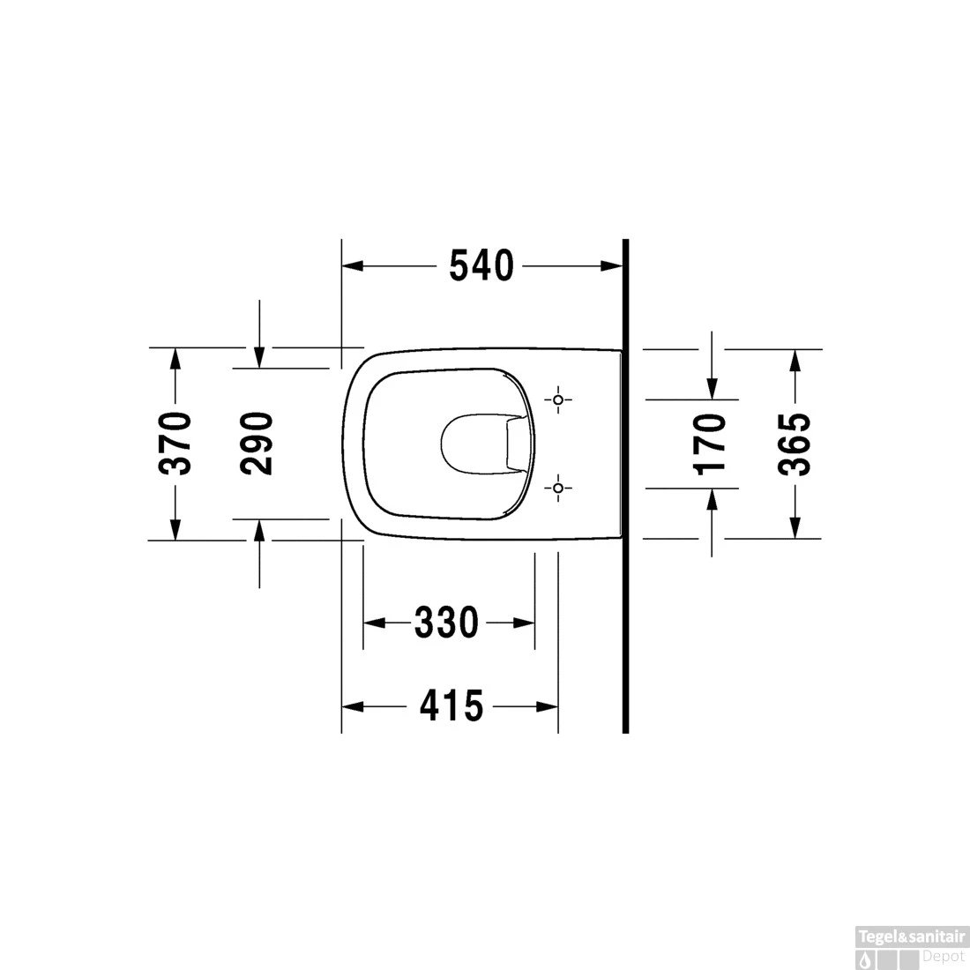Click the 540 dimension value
tap(481, 266)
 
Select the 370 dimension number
tap(175, 443)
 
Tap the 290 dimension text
tap(257, 444)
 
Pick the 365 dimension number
tap(795, 444)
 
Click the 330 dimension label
tap(447, 623)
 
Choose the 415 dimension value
tap(451, 705)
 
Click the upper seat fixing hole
tap(558, 399)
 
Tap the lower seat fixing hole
tap(558, 489)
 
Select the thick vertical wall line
tap(625, 486)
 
